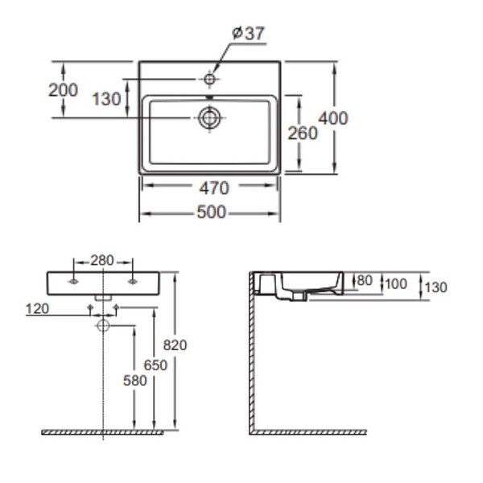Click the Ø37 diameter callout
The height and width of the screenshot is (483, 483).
(x=248, y=33)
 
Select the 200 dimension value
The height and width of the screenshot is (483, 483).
(x=63, y=90)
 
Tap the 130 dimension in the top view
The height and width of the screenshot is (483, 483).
(x=106, y=99)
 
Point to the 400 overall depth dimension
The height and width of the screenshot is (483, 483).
(x=333, y=118)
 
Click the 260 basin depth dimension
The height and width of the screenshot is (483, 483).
(x=303, y=134)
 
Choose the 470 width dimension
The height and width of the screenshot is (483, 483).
(x=214, y=188)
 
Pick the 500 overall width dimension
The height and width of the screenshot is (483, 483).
(x=212, y=213)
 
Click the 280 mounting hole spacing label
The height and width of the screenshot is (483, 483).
(x=102, y=261)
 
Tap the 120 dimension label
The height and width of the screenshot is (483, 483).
(x=37, y=309)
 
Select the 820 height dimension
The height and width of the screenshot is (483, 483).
(x=175, y=345)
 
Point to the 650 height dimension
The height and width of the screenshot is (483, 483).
(x=155, y=365)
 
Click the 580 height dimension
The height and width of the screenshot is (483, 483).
(x=135, y=381)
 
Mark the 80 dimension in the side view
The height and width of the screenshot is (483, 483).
(x=365, y=280)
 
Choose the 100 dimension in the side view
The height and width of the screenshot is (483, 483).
(x=396, y=283)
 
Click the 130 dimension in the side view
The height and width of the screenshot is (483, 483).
(x=436, y=287)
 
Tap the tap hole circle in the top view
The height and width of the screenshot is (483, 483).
(x=209, y=79)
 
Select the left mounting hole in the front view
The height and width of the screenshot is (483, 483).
(x=73, y=282)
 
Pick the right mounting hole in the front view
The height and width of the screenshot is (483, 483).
(x=133, y=282)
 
